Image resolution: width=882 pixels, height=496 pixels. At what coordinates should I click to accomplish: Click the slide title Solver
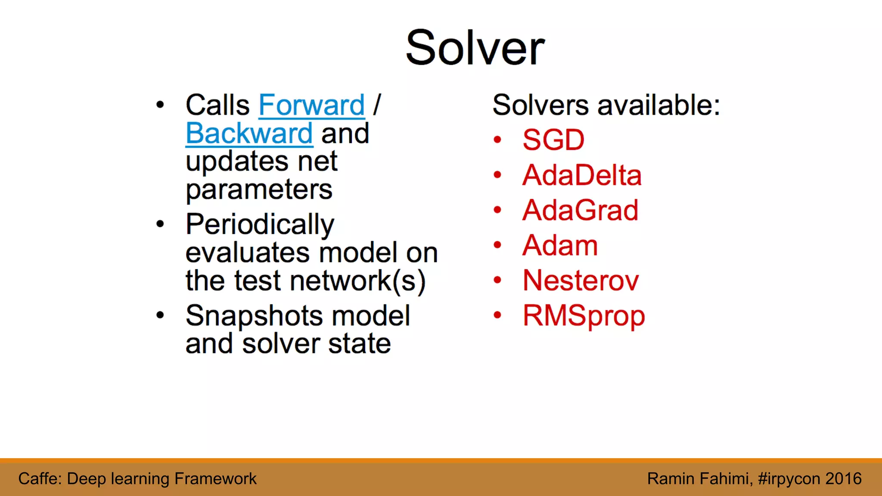[475, 48]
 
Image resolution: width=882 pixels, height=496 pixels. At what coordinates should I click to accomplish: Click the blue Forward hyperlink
[311, 105]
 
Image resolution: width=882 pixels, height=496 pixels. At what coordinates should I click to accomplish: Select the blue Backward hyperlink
[249, 133]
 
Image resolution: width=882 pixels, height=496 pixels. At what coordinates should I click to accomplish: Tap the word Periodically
[260, 225]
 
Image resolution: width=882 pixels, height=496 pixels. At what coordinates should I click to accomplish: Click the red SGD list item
[553, 140]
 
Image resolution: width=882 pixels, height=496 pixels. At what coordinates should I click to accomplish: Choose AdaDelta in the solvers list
[582, 175]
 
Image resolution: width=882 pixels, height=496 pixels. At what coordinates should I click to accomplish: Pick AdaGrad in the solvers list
[580, 211]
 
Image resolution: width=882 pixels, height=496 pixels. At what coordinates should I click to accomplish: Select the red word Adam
[560, 245]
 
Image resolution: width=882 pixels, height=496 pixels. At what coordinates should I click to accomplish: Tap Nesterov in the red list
[581, 281]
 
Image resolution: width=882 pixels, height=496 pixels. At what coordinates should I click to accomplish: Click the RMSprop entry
[584, 316]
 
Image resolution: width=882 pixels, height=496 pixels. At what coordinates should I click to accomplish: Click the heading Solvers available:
[606, 105]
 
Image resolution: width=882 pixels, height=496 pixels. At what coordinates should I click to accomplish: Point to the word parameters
[259, 190]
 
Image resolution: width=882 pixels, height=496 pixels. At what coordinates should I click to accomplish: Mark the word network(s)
[357, 281]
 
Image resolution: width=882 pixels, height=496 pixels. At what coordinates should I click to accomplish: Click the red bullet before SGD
[497, 140]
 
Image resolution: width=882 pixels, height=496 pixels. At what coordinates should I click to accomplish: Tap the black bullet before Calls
[160, 105]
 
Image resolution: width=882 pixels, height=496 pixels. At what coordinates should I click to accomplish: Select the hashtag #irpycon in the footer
[789, 479]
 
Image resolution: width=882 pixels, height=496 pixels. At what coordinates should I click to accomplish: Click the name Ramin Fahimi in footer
[699, 479]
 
